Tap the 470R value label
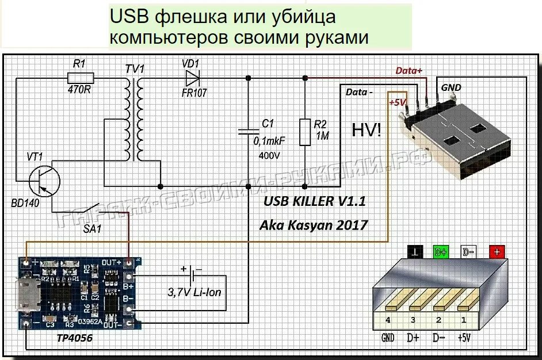pos(79,90)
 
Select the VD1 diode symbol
pos(192,76)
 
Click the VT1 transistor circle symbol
pos(44,180)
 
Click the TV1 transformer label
pos(135,69)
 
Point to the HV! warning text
pos(366,130)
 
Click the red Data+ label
pos(409,70)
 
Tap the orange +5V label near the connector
pos(398,102)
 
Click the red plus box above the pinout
pos(497,251)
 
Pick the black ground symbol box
pos(415,251)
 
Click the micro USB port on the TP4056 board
pos(26,294)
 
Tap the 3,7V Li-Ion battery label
pos(194,292)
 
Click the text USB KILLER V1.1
pos(314,201)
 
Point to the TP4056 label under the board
pos(74,338)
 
